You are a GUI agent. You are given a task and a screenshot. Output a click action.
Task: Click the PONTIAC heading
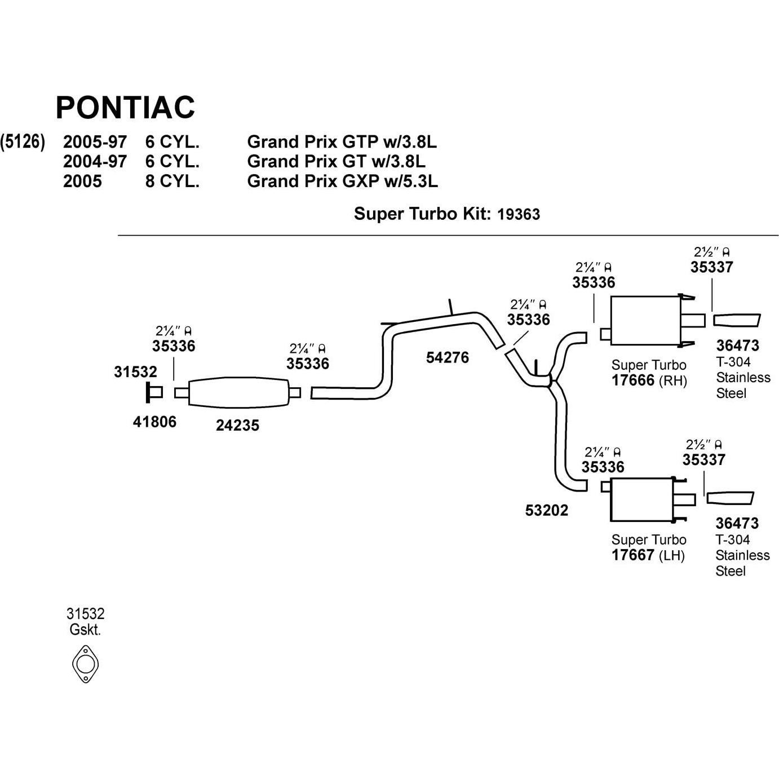coord(125,107)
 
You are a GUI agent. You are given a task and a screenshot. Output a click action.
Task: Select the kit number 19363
coord(518,214)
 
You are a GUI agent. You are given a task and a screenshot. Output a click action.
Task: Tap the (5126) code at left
coord(23,142)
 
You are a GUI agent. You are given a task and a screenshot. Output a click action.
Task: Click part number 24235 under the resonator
coord(237,426)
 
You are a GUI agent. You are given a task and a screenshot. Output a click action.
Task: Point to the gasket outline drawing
coord(85,663)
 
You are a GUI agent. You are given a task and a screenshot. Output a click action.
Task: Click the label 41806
coord(154,422)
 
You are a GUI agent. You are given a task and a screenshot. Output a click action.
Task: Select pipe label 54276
coord(447,357)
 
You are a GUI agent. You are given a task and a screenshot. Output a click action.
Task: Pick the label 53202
coord(546,510)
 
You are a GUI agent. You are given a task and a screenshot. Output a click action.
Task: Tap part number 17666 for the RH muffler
coord(632,380)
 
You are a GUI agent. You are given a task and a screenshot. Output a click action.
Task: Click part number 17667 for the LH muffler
coord(632,555)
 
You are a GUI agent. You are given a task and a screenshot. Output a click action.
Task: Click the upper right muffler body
coord(645,320)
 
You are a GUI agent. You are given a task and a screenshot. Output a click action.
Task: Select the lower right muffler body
coord(642,499)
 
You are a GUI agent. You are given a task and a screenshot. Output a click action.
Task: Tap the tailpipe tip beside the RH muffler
coord(737,320)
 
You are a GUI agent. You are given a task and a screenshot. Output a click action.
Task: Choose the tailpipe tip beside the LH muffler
coord(729,498)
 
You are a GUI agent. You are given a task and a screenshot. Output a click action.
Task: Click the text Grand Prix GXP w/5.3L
coord(342,181)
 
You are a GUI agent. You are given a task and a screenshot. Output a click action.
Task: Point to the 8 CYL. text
coord(172,181)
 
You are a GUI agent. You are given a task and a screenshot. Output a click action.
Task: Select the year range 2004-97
coord(95,162)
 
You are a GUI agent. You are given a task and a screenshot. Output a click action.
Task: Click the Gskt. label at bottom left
coord(85,630)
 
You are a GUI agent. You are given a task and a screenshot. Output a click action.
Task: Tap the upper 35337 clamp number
coord(711,267)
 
